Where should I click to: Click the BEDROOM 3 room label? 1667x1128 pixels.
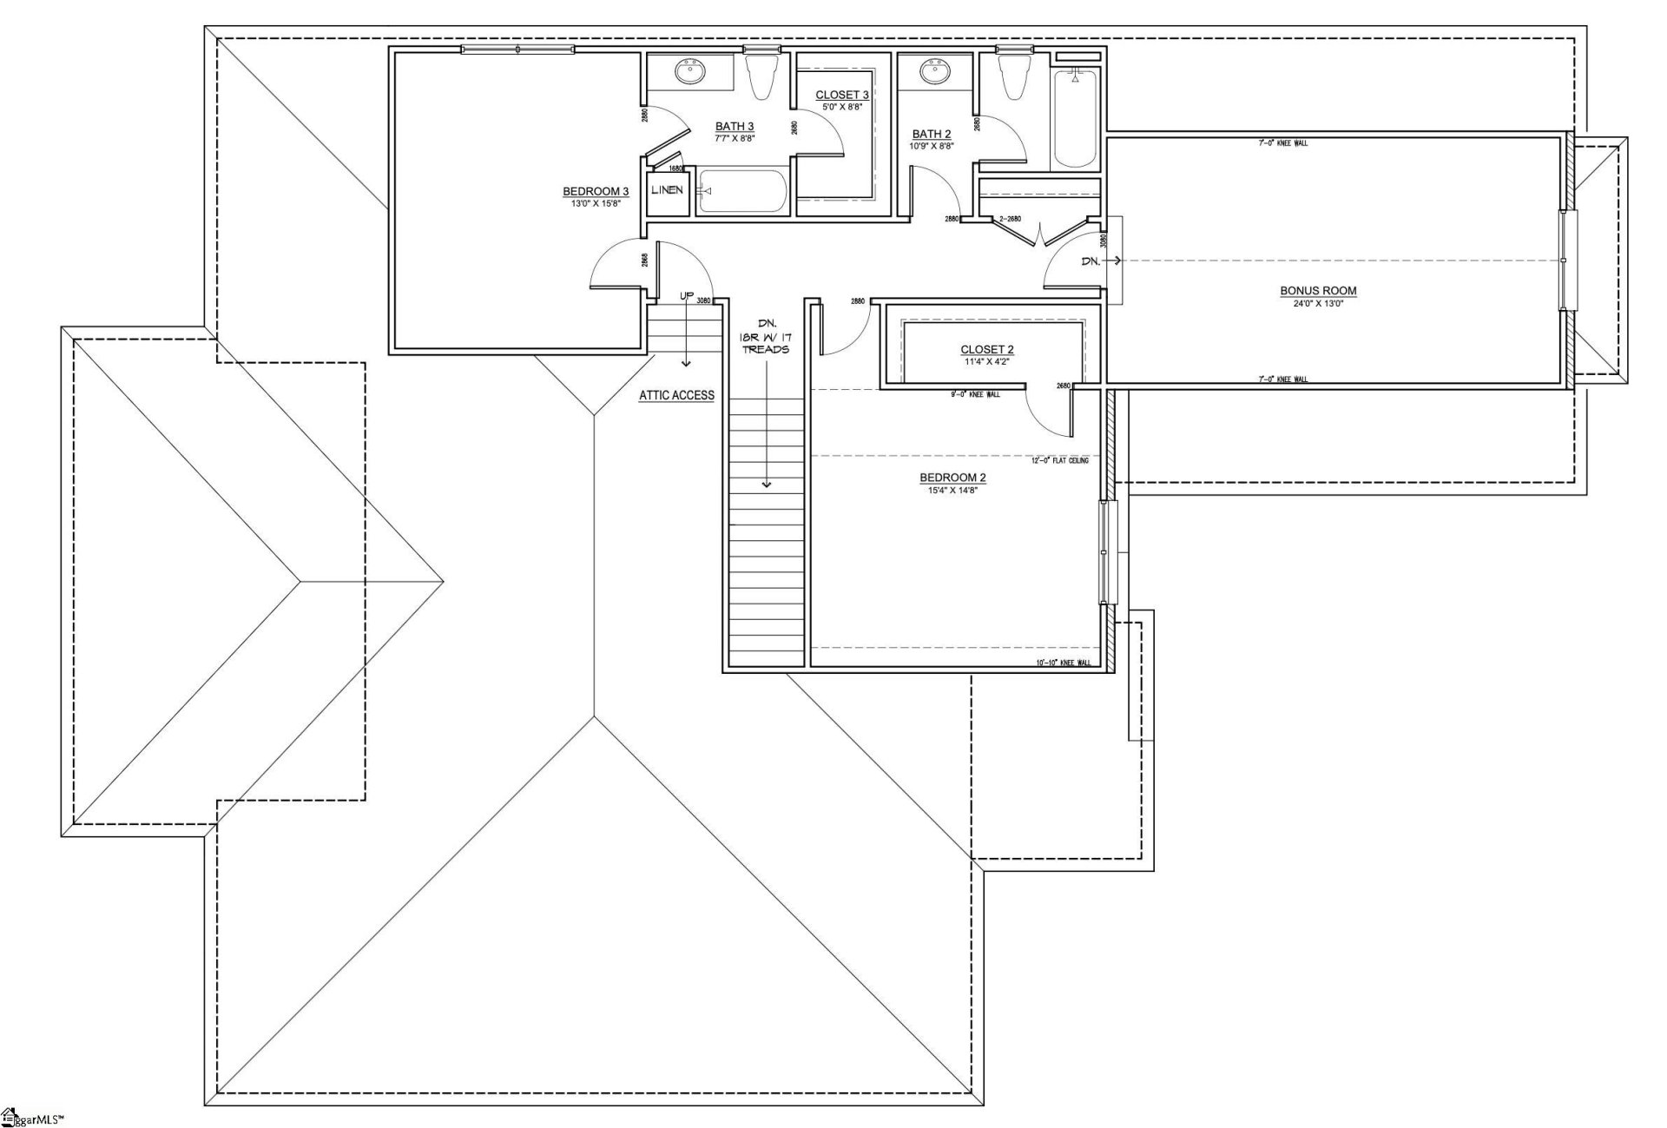coord(595,192)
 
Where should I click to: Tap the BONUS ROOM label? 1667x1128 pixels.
coord(1317,291)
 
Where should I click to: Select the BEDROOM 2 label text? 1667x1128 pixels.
coord(952,478)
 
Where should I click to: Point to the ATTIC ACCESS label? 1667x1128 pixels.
coord(676,395)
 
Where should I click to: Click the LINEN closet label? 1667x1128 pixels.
coord(667,190)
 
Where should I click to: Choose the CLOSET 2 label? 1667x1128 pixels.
coord(986,350)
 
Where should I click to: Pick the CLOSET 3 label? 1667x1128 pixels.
coord(841,95)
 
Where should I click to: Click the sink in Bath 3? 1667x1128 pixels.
coord(692,73)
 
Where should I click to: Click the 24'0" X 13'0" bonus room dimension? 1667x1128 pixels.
coord(1317,304)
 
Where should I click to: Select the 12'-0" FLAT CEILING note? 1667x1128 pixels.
coord(1059,460)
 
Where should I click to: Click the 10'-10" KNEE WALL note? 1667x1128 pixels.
coord(1063,663)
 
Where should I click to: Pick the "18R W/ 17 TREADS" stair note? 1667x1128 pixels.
coord(766,336)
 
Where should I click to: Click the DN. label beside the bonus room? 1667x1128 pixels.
coord(1090,261)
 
